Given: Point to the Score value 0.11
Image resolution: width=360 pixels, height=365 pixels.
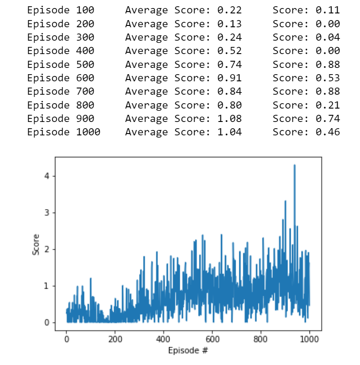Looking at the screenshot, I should [329, 10].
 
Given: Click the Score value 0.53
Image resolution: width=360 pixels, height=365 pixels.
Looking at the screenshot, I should [329, 78].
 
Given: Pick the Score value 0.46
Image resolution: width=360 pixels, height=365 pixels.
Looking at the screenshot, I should [329, 132].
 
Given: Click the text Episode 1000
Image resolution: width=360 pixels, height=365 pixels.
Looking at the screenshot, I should [64, 132].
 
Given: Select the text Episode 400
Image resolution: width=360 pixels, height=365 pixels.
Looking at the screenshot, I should [60, 51].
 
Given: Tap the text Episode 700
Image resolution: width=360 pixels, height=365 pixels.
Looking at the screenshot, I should [60, 92].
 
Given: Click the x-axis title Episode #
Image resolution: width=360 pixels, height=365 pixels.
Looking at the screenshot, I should [188, 351].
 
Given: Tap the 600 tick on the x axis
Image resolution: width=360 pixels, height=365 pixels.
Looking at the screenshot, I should [212, 339].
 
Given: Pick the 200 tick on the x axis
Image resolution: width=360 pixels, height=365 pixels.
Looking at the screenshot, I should [115, 339].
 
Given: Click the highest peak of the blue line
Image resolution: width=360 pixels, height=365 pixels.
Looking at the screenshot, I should [294, 165].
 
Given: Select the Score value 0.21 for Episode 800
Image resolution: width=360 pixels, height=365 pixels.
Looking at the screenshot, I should [329, 105].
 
